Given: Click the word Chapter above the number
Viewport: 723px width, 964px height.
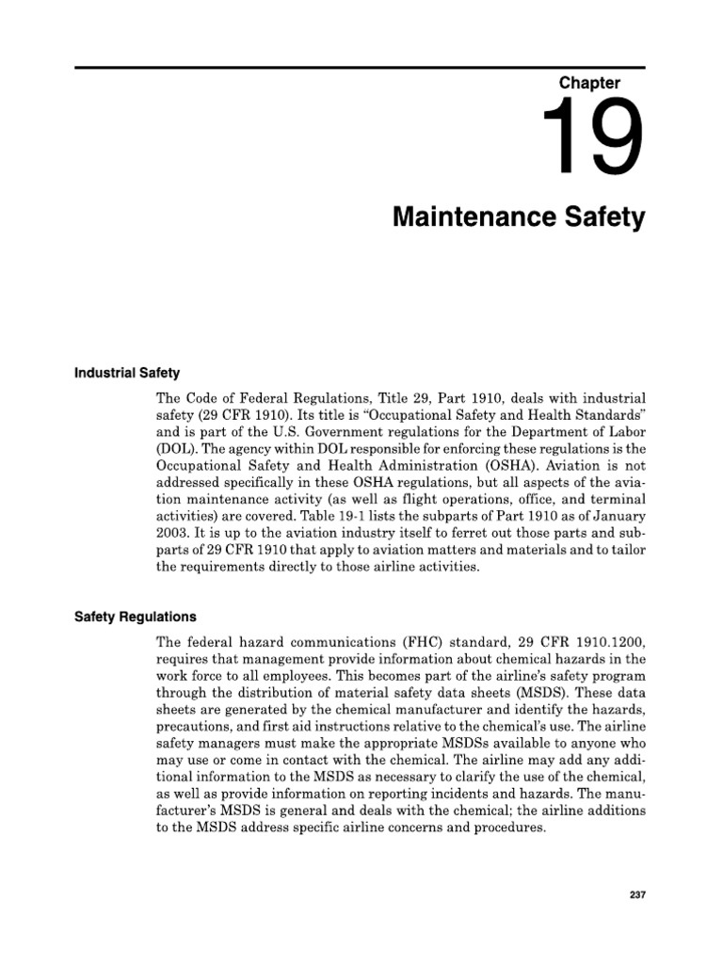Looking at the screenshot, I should click(590, 83).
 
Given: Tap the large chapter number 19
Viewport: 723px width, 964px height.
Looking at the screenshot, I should click(593, 140).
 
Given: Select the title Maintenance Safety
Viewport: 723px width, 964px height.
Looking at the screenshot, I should click(519, 218).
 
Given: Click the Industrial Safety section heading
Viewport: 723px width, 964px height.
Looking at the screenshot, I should click(127, 373).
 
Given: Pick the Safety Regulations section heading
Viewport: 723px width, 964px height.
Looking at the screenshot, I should click(136, 618).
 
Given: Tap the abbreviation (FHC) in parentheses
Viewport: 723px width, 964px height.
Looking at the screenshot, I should click(398, 641).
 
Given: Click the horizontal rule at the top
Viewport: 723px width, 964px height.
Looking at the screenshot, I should click(361, 67).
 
